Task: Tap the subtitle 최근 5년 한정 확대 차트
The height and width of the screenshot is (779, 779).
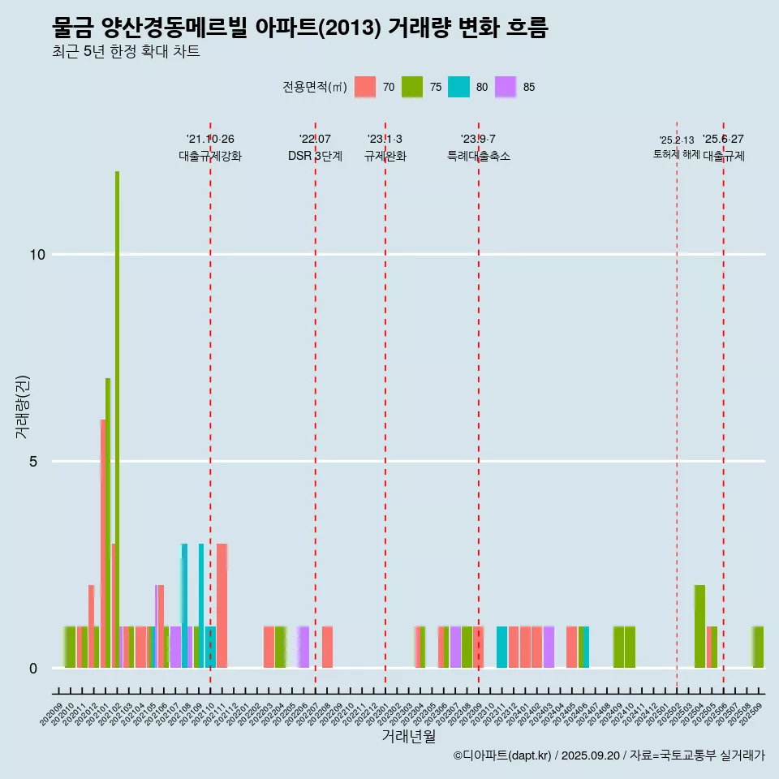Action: pyautogui.click(x=126, y=52)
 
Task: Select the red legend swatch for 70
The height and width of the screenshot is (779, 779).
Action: pyautogui.click(x=366, y=87)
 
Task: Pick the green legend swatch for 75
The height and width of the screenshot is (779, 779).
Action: pyautogui.click(x=412, y=87)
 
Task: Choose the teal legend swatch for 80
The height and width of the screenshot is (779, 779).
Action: pyautogui.click(x=459, y=87)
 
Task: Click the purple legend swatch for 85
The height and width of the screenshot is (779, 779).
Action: pyautogui.click(x=506, y=87)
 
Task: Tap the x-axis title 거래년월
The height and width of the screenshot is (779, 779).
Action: pyautogui.click(x=408, y=737)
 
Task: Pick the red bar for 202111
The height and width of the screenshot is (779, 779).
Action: pyautogui.click(x=222, y=605)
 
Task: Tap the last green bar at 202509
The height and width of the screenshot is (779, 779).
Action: pyautogui.click(x=758, y=647)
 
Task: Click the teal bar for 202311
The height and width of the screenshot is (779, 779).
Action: pyautogui.click(x=501, y=647)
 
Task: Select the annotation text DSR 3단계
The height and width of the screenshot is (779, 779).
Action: pyautogui.click(x=315, y=156)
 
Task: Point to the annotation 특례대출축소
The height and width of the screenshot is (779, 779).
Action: pyautogui.click(x=479, y=156)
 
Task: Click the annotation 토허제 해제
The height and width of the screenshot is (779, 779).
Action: pyautogui.click(x=676, y=154)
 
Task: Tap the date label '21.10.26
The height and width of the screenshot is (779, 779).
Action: pyautogui.click(x=210, y=140)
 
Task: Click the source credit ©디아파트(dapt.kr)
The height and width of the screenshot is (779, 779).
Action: pyautogui.click(x=502, y=755)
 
